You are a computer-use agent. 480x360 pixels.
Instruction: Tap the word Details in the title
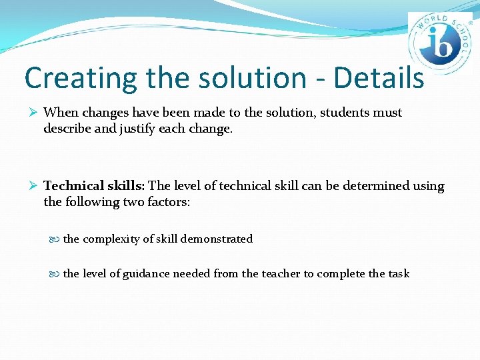click(x=379, y=78)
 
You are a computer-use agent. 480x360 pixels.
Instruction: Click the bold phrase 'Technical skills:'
click(x=94, y=186)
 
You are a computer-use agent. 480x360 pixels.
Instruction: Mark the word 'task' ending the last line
click(x=399, y=273)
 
